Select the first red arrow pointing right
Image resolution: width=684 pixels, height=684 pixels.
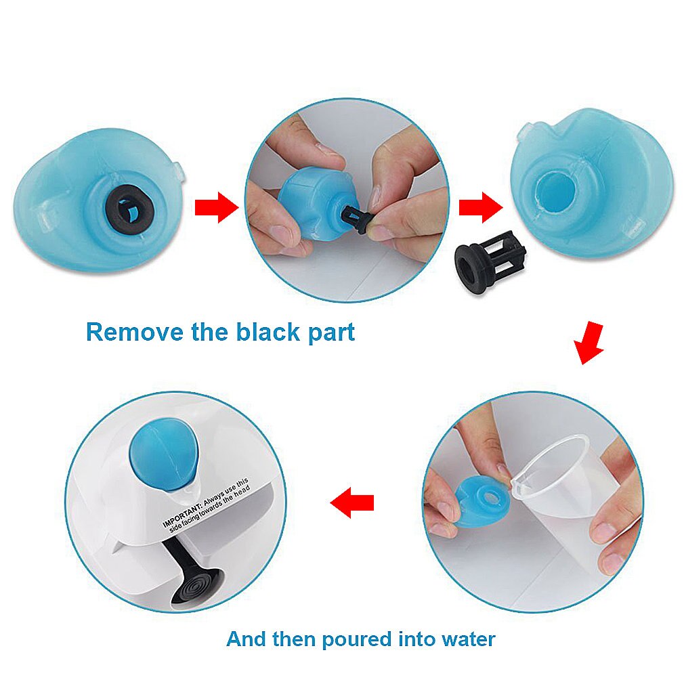(216, 207)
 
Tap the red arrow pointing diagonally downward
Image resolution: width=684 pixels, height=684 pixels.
(589, 343)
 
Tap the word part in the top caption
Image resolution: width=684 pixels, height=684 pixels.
(329, 333)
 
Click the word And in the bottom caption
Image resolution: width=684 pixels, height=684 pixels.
(247, 639)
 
